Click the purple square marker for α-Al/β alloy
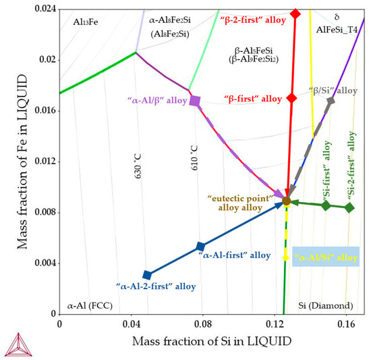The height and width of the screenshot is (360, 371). pyautogui.click(x=195, y=101)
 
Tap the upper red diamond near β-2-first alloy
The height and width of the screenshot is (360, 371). pyautogui.click(x=295, y=14)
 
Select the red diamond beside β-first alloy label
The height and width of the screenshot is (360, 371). pyautogui.click(x=291, y=98)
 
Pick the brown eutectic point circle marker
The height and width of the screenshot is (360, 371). pyautogui.click(x=286, y=201)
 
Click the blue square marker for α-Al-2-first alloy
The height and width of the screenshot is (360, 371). pyautogui.click(x=148, y=275)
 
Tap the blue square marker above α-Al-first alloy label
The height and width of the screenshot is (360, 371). pyautogui.click(x=200, y=247)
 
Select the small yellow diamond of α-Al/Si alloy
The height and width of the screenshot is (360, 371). pyautogui.click(x=285, y=257)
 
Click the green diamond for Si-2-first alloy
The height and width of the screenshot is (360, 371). pyautogui.click(x=349, y=208)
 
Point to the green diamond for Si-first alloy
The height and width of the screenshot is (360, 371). pyautogui.click(x=326, y=205)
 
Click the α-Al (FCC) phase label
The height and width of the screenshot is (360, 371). pyautogui.click(x=90, y=305)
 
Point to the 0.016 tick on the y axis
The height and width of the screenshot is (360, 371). pyautogui.click(x=45, y=111)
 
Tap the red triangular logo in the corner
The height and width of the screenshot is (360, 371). pyautogui.click(x=19, y=342)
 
